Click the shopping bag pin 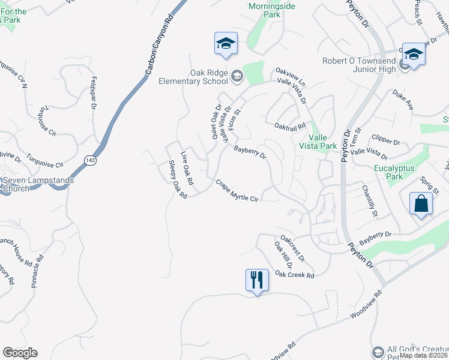(x=421, y=203)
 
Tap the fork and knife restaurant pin (x=256, y=280)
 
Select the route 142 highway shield (x=90, y=160)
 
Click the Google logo (x=20, y=353)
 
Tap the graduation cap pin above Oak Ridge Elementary (x=226, y=44)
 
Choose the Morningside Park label (x=264, y=10)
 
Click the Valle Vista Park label (x=318, y=141)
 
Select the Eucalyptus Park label (x=394, y=172)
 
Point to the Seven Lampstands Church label (x=37, y=184)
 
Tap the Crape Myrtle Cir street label (x=237, y=191)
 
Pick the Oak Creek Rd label (x=294, y=275)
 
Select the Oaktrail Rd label (x=290, y=126)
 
